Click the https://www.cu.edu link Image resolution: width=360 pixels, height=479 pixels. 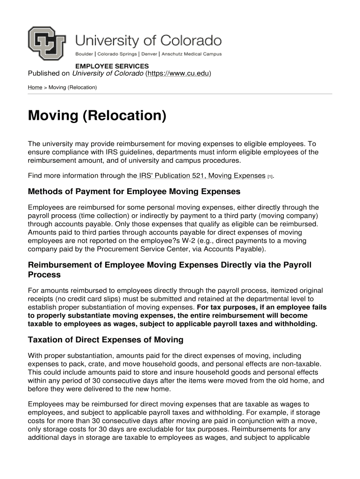tap(178, 73)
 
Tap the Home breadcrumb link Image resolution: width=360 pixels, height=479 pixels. tap(35, 87)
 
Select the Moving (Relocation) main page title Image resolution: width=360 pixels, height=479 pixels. tap(97, 116)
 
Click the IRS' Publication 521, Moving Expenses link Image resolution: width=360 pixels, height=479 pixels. tap(202, 176)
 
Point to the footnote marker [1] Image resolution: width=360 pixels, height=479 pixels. tap(270, 177)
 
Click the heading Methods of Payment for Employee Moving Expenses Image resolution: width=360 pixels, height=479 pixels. tap(134, 191)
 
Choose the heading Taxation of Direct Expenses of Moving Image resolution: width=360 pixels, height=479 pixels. tap(106, 340)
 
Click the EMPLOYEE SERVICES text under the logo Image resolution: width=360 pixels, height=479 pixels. tap(112, 66)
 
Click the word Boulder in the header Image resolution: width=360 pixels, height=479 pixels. tap(85, 54)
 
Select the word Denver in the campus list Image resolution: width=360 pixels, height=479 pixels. tap(149, 54)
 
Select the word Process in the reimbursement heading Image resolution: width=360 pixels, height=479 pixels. tap(44, 275)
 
